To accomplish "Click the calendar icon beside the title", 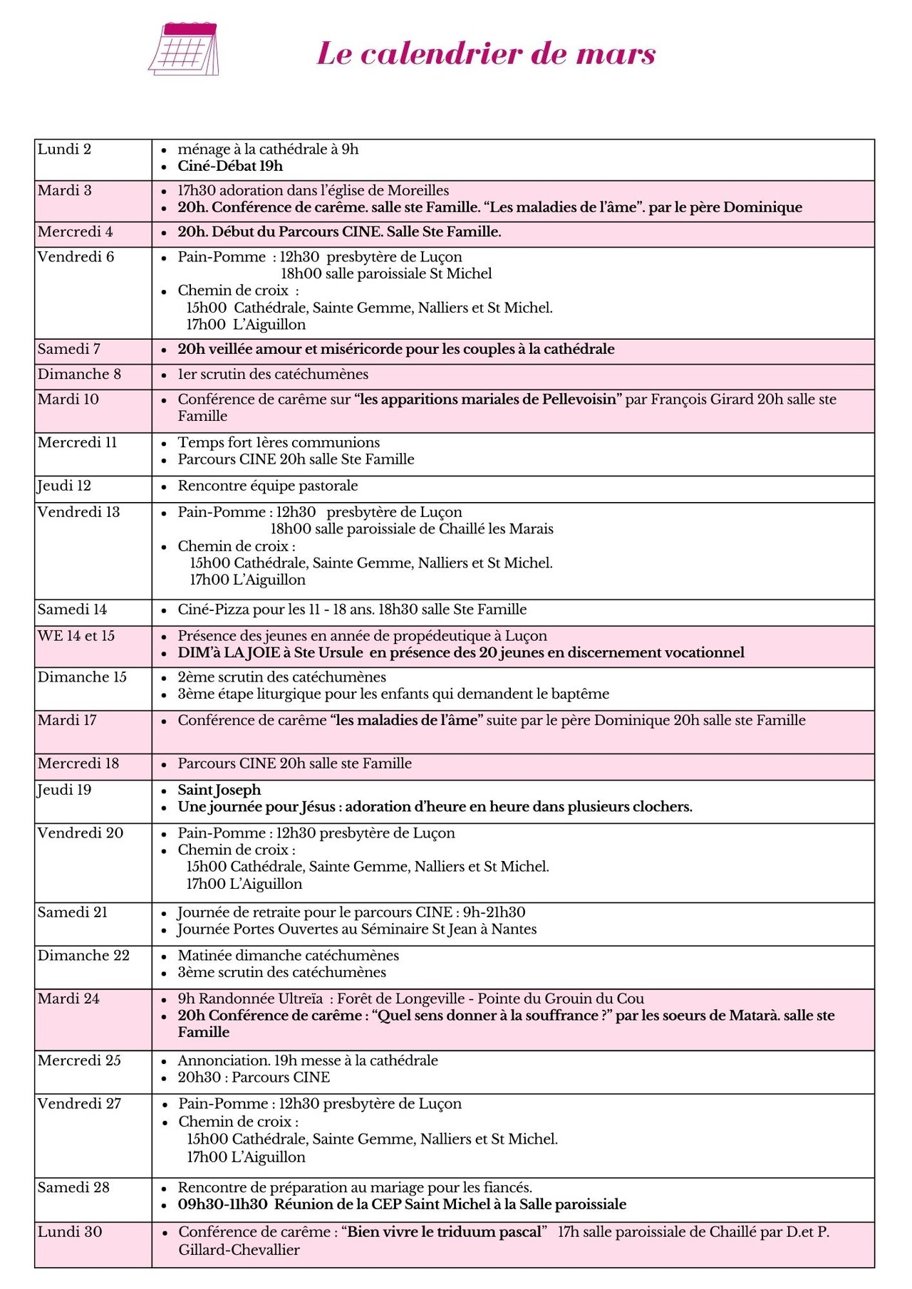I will (x=184, y=48).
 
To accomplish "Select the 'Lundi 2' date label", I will (x=64, y=150).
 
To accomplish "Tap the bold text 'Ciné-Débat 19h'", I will (x=230, y=167).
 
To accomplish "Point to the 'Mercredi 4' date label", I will (x=75, y=232).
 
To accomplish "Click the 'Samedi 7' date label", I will (x=68, y=349).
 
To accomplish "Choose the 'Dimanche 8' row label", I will (x=79, y=375).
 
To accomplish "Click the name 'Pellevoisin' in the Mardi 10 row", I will (x=579, y=400).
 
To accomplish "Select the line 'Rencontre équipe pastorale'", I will (x=268, y=486).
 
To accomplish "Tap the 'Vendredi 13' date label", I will (x=78, y=513).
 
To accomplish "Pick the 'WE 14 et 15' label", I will (x=76, y=636).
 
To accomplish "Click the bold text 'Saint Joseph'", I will (x=219, y=790).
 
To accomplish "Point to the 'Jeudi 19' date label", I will (x=64, y=790).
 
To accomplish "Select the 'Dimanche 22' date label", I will (x=83, y=956).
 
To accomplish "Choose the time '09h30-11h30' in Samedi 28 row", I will (x=222, y=1205).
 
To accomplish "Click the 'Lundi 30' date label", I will (x=69, y=1232).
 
